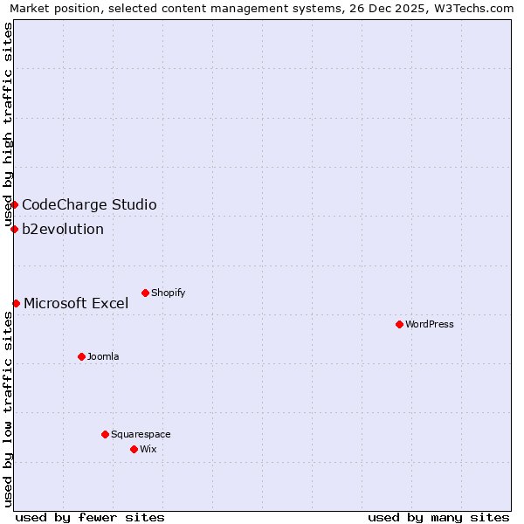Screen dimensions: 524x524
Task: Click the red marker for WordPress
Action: click(399, 324)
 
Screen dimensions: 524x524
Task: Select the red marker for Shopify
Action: click(145, 293)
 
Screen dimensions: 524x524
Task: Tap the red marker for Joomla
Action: click(81, 356)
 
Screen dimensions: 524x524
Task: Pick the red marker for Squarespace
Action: click(105, 434)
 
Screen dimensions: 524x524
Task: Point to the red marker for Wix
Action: click(134, 449)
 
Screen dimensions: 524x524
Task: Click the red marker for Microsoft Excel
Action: click(16, 303)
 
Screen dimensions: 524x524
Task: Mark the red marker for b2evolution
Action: click(14, 229)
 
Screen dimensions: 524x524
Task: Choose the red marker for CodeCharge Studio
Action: click(14, 204)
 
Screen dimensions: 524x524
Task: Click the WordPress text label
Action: click(430, 324)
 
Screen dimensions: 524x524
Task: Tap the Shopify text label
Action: click(169, 293)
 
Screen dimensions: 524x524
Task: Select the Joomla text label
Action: click(103, 356)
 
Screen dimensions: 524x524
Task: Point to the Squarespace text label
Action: click(141, 434)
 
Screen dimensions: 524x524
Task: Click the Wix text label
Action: click(148, 449)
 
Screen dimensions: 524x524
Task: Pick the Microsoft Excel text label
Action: click(76, 303)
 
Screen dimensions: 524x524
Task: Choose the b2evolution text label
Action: click(63, 229)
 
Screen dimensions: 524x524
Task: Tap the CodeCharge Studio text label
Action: click(89, 204)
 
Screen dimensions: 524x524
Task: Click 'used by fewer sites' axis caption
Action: click(90, 517)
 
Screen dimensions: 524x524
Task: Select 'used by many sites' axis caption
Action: click(438, 517)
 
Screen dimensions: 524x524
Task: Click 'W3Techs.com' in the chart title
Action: click(478, 9)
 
